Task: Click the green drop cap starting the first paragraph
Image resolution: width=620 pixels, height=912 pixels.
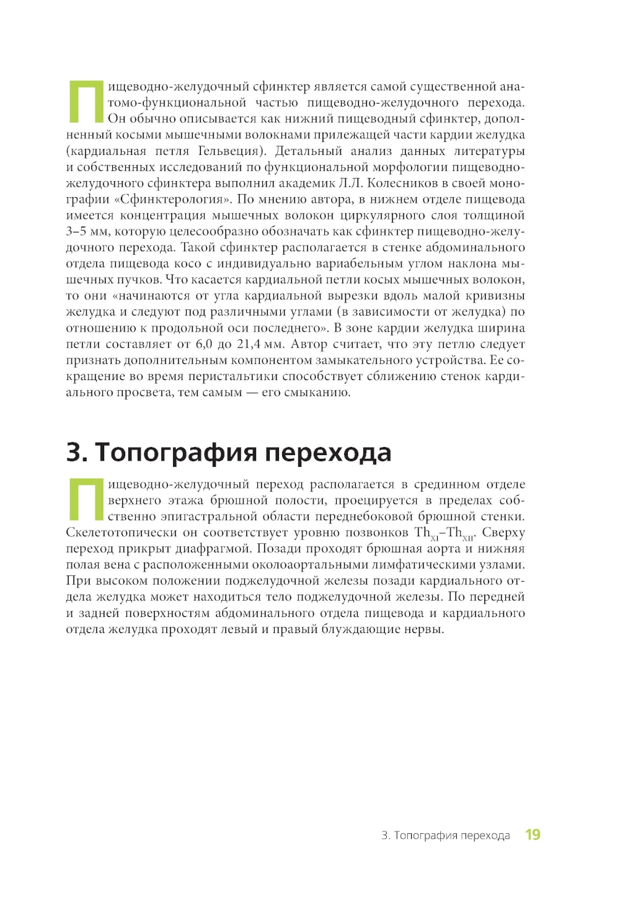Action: [x=85, y=102]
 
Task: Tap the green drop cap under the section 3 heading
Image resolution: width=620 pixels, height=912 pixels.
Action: [x=85, y=500]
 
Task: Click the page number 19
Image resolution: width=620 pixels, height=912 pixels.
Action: [x=533, y=835]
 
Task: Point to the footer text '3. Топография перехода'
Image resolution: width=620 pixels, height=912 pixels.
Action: [x=446, y=835]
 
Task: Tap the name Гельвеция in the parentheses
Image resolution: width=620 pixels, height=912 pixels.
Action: [x=228, y=151]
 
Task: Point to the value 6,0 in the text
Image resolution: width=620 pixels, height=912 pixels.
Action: [x=206, y=344]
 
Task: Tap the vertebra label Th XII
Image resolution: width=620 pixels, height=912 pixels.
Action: [x=459, y=533]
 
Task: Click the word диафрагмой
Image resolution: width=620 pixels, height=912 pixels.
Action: [x=219, y=549]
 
